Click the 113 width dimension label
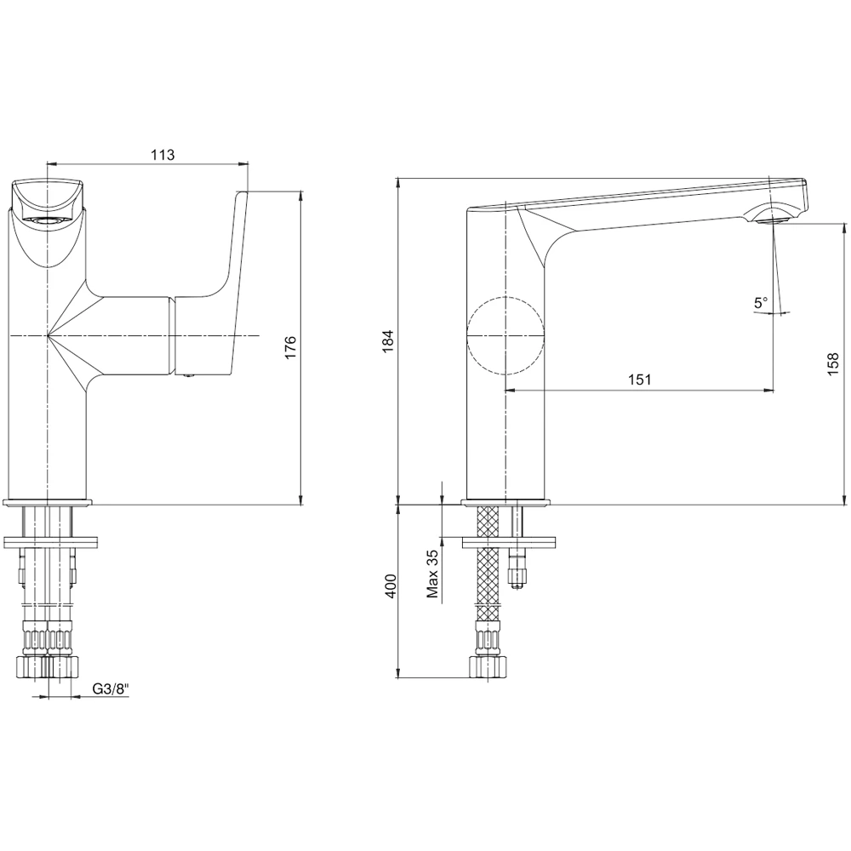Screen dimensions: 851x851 coord(163,154)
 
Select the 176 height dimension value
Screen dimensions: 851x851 coord(290,348)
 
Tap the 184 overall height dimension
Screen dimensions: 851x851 coord(388,341)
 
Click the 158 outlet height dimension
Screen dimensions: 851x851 coord(833,363)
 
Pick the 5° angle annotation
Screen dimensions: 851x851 coord(760,302)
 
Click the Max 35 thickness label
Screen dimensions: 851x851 coord(432,574)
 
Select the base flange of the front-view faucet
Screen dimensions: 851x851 coord(49,501)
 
